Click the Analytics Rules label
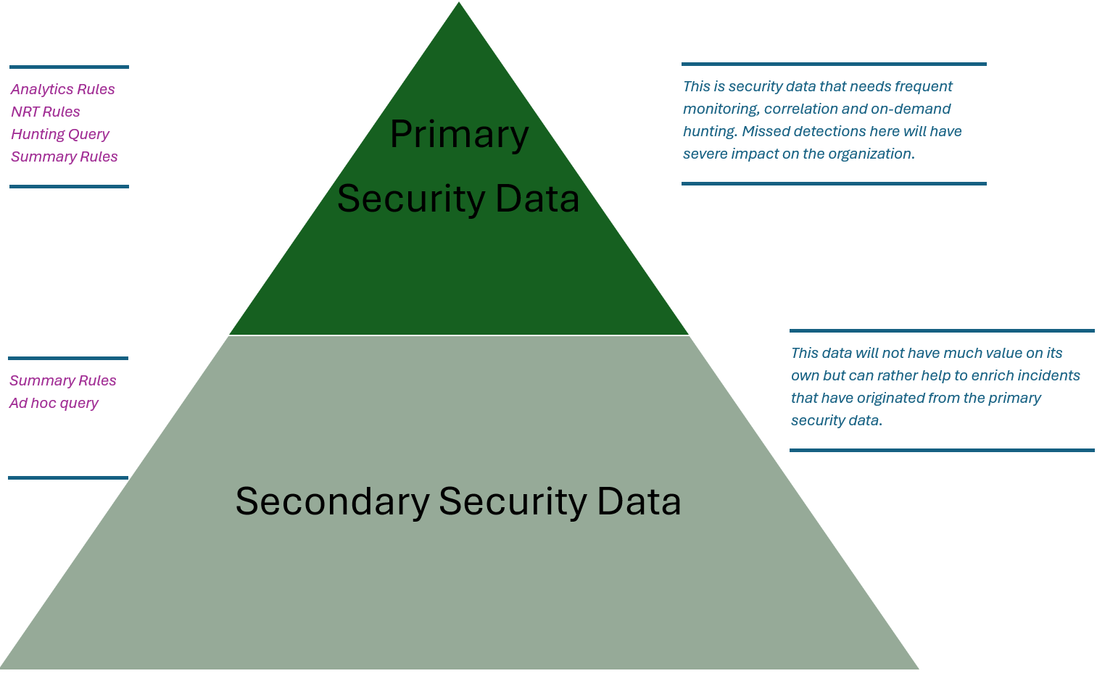coord(62,89)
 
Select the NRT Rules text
coord(45,112)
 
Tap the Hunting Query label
coord(59,134)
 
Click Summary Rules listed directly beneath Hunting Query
coord(64,157)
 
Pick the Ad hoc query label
coord(54,403)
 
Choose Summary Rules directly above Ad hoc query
coord(62,380)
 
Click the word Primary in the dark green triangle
coord(459,134)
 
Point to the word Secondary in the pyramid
coord(332,501)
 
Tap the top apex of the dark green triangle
coord(459,4)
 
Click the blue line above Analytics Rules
coord(69,67)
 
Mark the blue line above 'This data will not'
coord(942,331)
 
